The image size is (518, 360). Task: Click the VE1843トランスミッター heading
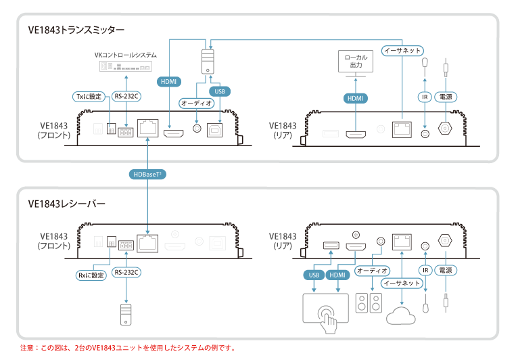click(x=76, y=30)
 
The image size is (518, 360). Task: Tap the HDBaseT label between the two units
click(x=148, y=174)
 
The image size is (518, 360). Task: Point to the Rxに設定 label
click(x=91, y=275)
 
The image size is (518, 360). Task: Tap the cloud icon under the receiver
click(x=402, y=315)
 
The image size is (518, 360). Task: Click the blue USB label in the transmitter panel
click(x=218, y=91)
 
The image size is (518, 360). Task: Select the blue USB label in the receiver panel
click(x=313, y=275)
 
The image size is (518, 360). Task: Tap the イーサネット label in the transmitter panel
click(x=402, y=51)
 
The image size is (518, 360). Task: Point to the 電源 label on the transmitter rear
click(x=446, y=97)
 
